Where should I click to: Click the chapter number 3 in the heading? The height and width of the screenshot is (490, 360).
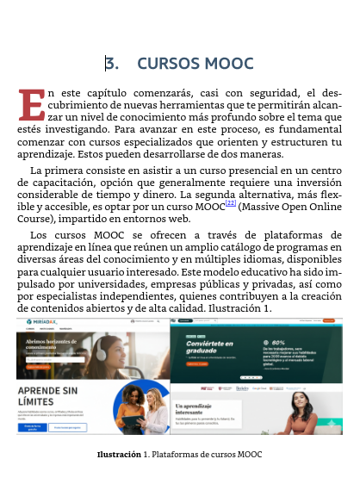pyautogui.click(x=109, y=64)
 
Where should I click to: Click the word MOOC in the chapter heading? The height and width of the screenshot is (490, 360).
pyautogui.click(x=228, y=64)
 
